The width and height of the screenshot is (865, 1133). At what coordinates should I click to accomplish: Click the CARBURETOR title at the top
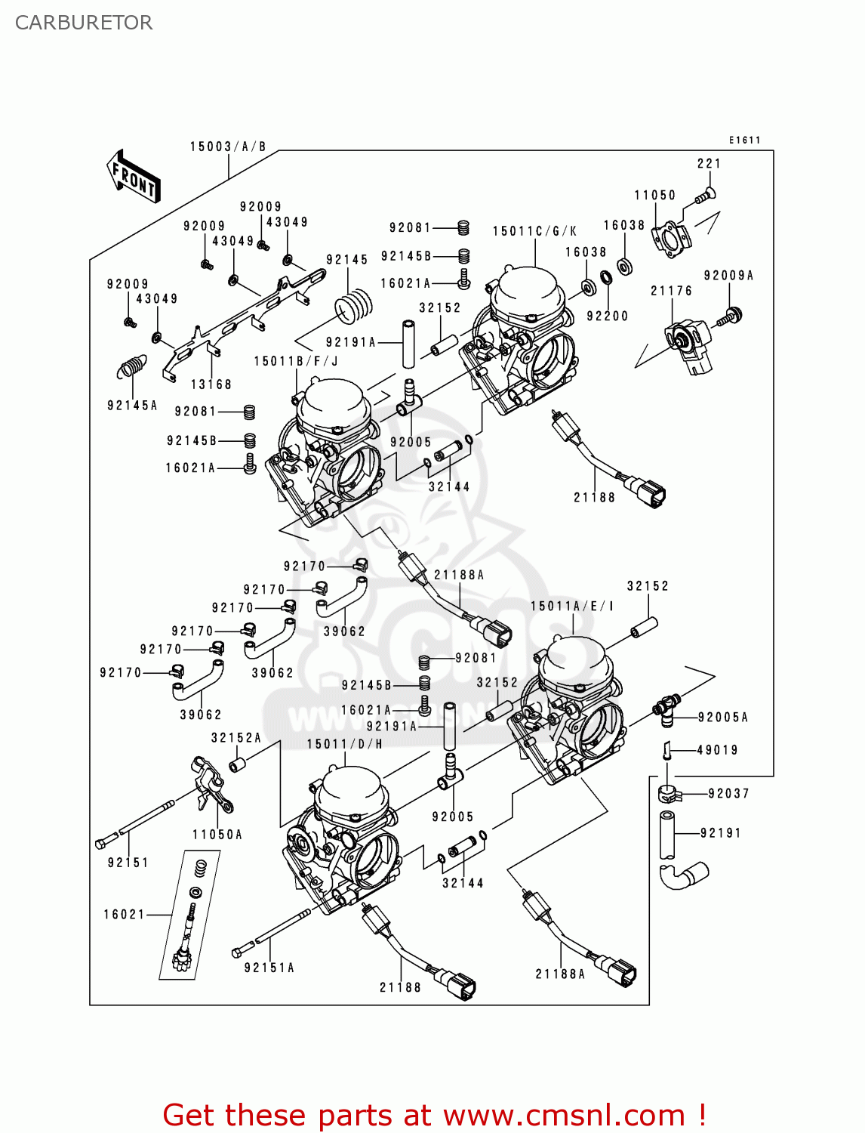(84, 23)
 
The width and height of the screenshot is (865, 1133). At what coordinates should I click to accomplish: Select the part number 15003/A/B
(228, 147)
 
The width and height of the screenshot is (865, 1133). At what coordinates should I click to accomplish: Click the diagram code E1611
(744, 140)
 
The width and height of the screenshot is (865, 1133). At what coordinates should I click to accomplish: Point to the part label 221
(709, 163)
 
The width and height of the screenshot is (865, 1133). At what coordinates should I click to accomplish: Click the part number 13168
(211, 384)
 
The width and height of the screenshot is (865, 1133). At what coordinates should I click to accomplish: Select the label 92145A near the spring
(133, 406)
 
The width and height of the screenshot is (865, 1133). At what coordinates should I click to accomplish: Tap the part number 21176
(671, 291)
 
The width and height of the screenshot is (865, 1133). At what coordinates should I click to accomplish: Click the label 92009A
(728, 276)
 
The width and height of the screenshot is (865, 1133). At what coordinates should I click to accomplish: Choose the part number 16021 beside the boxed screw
(125, 915)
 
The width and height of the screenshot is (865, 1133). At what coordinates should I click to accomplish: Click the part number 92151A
(269, 968)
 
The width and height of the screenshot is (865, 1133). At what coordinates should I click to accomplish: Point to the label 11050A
(217, 835)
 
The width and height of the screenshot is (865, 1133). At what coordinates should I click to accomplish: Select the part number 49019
(717, 750)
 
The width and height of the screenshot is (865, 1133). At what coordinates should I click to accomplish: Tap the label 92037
(728, 793)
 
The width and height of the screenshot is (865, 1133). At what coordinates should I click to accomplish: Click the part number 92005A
(723, 718)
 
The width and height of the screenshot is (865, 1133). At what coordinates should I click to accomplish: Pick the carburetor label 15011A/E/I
(572, 606)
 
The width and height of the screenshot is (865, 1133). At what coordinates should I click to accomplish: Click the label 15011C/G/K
(534, 231)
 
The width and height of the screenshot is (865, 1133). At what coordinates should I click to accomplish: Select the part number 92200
(607, 316)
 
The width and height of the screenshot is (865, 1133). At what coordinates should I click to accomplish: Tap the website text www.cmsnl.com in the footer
(564, 1115)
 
